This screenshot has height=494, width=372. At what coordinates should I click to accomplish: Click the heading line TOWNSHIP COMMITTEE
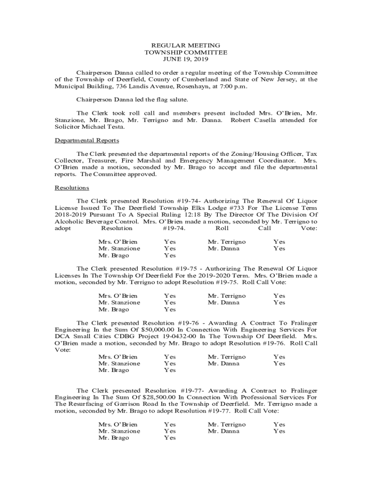click(x=186, y=52)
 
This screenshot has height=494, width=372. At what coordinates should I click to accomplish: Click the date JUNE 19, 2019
click(x=186, y=59)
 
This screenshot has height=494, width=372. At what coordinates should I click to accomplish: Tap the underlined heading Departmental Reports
click(x=86, y=140)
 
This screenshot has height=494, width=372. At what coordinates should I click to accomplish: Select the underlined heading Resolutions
click(x=72, y=188)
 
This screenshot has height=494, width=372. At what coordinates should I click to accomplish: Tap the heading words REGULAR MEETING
click(x=186, y=45)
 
